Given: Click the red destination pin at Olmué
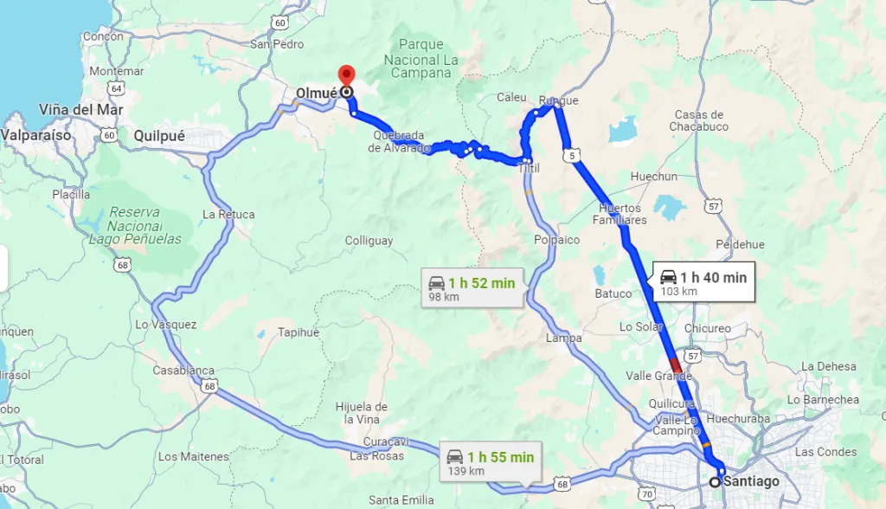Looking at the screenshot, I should [x=346, y=75].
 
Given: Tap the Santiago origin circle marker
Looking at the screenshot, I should [x=715, y=481].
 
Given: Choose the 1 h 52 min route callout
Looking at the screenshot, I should [x=472, y=288].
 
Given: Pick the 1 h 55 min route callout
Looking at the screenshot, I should [x=490, y=462].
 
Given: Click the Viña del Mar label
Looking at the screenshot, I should [x=81, y=110].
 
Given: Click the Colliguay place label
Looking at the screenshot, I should [x=369, y=241].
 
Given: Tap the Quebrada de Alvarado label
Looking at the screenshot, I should [x=399, y=142].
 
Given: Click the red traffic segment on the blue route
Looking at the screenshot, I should [x=676, y=364].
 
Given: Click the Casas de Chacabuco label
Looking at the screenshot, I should [x=699, y=120].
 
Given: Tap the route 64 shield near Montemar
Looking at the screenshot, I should [x=117, y=87].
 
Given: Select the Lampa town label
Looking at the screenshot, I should [x=564, y=338].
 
